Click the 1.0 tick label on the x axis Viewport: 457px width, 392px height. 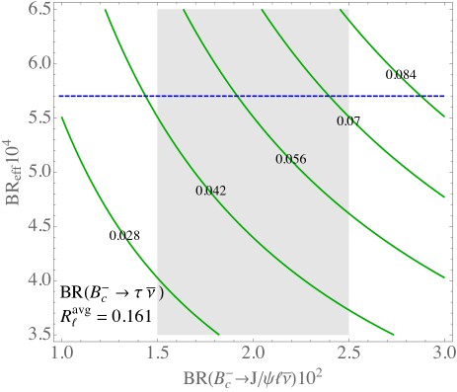coord(61,352)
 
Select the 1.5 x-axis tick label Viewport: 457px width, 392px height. coord(157,352)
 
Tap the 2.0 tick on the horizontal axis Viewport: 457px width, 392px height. coord(253,352)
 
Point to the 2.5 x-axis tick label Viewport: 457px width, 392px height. coord(348,352)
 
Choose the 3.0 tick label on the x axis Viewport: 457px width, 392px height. coord(442,352)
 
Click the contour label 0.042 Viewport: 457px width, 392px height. coord(210,191)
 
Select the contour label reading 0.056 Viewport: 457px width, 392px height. coord(290,159)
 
